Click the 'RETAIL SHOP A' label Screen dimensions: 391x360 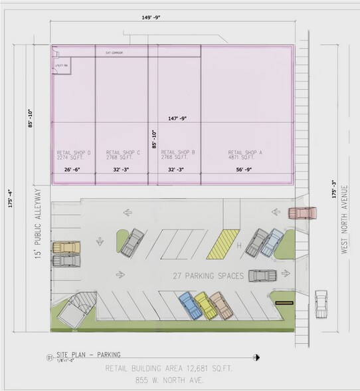tap(246, 153)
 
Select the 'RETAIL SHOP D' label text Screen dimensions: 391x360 tap(74, 153)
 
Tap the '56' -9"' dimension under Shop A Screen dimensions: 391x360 tap(245, 170)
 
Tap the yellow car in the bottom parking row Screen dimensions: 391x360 tap(203, 307)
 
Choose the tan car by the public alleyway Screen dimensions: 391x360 tap(66, 246)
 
